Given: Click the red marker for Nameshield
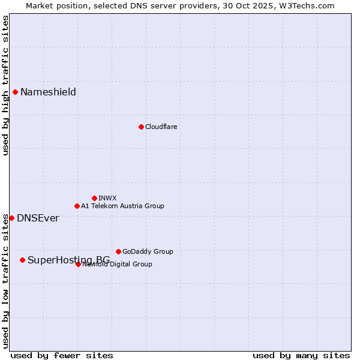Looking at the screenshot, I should click(x=15, y=92).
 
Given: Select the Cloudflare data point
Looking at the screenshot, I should click(x=141, y=127).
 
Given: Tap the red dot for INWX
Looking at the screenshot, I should click(x=94, y=198).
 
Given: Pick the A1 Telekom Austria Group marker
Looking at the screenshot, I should click(x=77, y=206).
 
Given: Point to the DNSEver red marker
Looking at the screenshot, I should click(x=11, y=218).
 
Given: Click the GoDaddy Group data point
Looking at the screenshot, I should click(x=118, y=251).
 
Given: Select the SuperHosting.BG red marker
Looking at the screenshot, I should click(x=22, y=260).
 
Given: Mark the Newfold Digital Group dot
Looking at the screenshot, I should click(x=78, y=264).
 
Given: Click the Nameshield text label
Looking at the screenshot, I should click(x=48, y=92).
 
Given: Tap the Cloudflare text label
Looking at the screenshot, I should click(x=161, y=127).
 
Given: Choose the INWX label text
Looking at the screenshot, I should click(x=107, y=198).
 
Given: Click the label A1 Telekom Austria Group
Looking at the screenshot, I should click(x=122, y=206).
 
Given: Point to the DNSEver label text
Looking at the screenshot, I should click(x=38, y=218).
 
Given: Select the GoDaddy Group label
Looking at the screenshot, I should click(x=148, y=251).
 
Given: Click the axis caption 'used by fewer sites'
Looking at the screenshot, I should click(x=62, y=355).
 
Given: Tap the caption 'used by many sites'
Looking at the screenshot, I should click(x=301, y=355).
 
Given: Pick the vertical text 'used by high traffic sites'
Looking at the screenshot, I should click(x=5, y=85).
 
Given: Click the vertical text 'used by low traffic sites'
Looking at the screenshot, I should click(x=5, y=281).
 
